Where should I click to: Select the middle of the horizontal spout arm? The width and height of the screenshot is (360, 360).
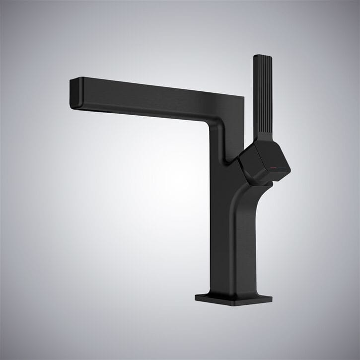pos(149,99)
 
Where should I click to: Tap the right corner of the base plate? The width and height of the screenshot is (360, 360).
pos(273,299)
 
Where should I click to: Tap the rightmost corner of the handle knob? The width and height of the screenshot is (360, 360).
pos(290,170)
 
